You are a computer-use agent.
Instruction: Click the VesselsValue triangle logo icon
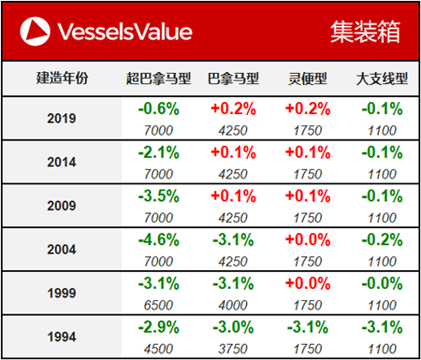point(35,31)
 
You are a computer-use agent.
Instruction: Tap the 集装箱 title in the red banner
point(364,32)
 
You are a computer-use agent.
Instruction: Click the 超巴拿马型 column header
point(157,78)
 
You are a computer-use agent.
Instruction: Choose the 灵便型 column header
point(308,78)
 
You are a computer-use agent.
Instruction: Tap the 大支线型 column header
point(379,78)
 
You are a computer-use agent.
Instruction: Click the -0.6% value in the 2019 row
point(156,108)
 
